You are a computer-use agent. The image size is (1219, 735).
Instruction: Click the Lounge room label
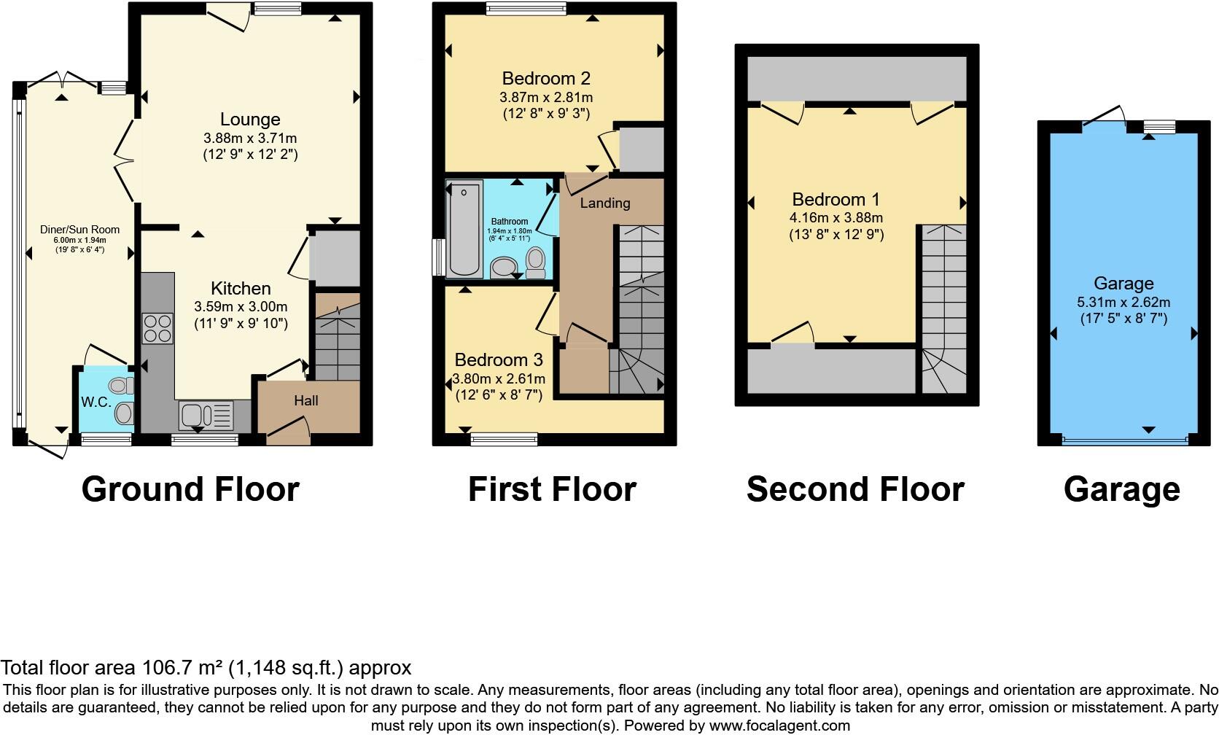pyautogui.click(x=250, y=120)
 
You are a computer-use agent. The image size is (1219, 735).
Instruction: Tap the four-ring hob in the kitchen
pyautogui.click(x=157, y=328)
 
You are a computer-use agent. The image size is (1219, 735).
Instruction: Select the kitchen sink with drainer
pyautogui.click(x=205, y=416)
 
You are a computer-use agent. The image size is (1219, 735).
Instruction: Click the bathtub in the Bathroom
pyautogui.click(x=464, y=229)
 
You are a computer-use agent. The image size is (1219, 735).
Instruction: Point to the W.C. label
pyautogui.click(x=96, y=402)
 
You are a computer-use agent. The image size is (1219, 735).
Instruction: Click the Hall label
pyautogui.click(x=306, y=400)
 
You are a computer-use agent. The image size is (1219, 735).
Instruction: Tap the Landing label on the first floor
pyautogui.click(x=604, y=203)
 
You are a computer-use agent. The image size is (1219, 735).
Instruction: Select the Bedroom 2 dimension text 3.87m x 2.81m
pyautogui.click(x=546, y=97)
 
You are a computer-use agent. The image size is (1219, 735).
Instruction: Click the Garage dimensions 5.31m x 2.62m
pyautogui.click(x=1123, y=302)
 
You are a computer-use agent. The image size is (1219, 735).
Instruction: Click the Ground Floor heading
pyautogui.click(x=190, y=489)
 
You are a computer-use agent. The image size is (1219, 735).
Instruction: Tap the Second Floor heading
pyautogui.click(x=855, y=489)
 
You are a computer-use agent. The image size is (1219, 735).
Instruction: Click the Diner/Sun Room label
pyautogui.click(x=79, y=230)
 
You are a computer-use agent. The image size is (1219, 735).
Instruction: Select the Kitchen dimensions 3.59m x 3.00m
pyautogui.click(x=241, y=307)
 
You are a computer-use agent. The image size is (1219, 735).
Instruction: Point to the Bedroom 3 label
pyautogui.click(x=499, y=359)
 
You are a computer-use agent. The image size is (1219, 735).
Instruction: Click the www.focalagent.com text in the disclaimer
pyautogui.click(x=779, y=726)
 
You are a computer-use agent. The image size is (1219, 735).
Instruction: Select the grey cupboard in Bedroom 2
pyautogui.click(x=641, y=149)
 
